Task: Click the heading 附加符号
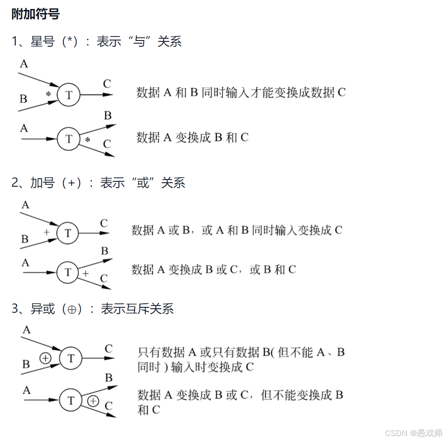36,14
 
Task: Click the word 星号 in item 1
42,42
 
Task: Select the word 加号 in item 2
42,183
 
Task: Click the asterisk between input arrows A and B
48,94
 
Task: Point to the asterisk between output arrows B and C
87,140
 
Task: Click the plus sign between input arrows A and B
46,232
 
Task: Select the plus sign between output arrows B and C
86,273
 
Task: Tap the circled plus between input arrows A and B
45,358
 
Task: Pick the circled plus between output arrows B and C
93,400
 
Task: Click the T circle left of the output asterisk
68,139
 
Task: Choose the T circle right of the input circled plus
71,358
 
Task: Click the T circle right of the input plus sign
68,233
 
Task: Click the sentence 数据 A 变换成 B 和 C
192,137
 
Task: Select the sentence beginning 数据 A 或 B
237,230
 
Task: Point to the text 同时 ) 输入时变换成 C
195,367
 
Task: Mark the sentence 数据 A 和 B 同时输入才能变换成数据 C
241,93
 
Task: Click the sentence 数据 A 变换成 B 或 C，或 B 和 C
213,270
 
